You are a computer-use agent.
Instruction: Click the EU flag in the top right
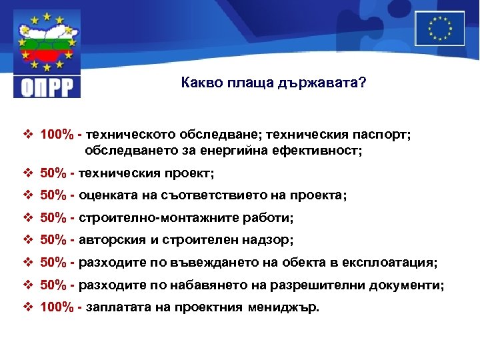[x=439, y=28]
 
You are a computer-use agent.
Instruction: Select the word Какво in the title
[x=199, y=85]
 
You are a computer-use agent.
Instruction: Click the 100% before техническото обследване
[x=57, y=135]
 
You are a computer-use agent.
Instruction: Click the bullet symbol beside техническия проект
[x=28, y=173]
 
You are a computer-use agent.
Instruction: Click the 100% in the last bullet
[x=57, y=308]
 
